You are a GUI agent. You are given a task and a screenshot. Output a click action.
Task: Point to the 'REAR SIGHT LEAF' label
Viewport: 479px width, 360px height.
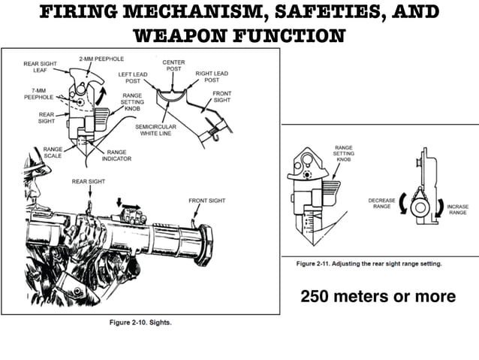[35, 68]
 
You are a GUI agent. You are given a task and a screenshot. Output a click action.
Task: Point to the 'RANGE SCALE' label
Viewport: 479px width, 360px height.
[53, 153]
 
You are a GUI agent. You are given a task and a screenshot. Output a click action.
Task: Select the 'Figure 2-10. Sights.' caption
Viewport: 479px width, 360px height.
[139, 322]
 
